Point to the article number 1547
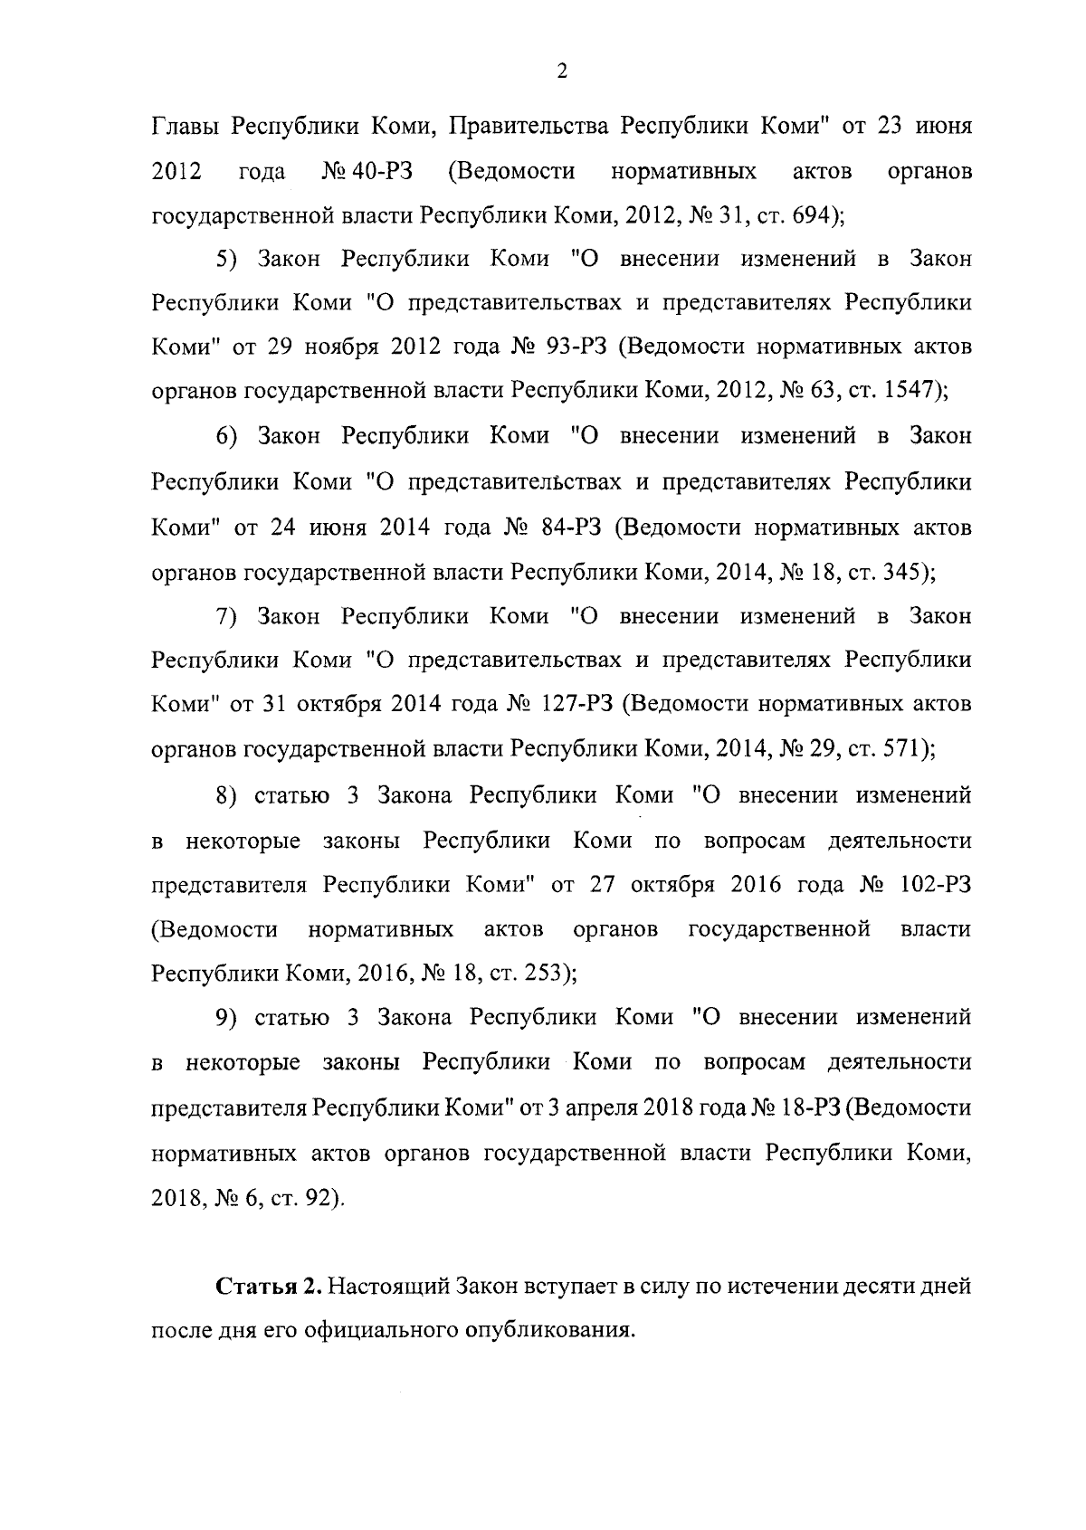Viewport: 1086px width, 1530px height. click(911, 391)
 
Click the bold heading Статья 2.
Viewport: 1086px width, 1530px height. click(269, 1287)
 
